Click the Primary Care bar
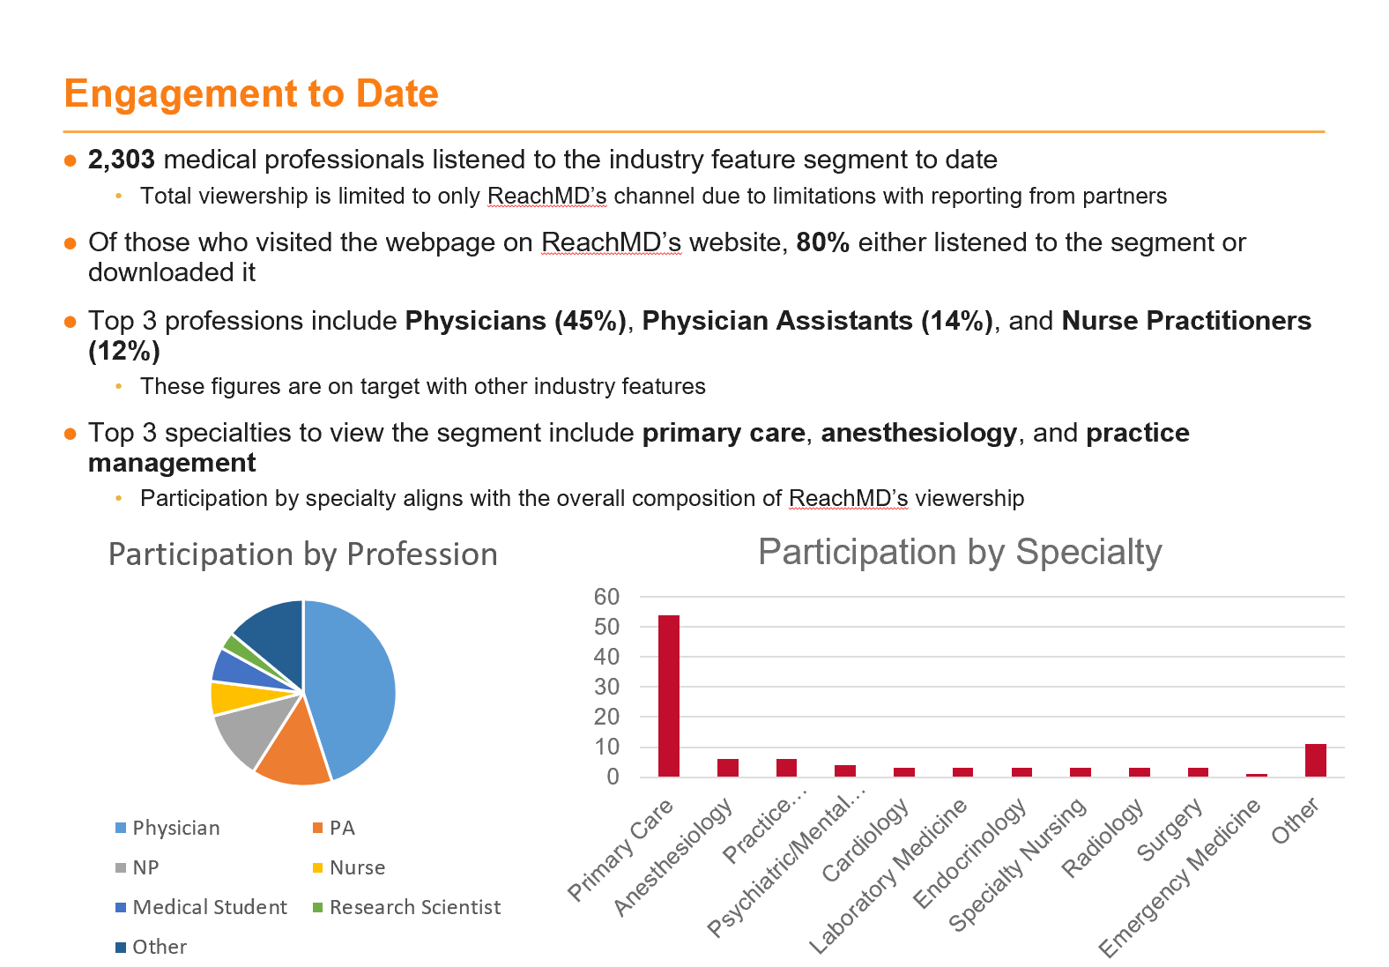668,695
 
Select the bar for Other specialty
1315,760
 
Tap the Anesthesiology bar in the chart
727,767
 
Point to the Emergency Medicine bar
1256,775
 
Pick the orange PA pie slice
292,748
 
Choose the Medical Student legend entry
202,907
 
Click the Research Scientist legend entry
407,907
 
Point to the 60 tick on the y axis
606,597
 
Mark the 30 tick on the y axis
606,687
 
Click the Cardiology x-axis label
865,839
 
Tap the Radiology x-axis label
1103,837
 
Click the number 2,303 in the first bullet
122,160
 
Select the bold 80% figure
823,242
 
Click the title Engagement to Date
251,93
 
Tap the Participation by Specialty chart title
960,552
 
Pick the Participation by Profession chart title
303,554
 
